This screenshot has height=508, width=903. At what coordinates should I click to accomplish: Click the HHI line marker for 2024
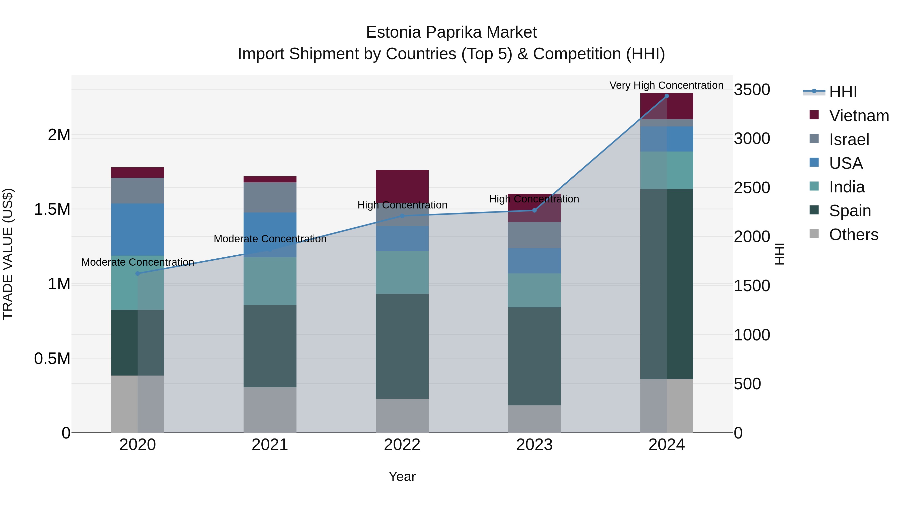(666, 96)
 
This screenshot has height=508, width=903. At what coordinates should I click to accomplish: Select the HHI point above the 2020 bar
(137, 273)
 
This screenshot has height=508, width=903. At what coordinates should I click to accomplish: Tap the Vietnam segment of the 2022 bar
(402, 186)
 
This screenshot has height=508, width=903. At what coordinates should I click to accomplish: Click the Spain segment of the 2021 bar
(270, 346)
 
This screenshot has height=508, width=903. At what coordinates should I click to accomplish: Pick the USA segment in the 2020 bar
(137, 229)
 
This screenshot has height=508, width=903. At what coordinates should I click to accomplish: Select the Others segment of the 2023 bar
(534, 419)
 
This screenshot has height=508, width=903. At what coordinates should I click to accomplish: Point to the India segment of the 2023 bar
(534, 290)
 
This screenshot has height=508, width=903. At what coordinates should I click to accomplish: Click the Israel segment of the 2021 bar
(270, 197)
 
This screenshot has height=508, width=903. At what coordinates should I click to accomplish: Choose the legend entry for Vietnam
(859, 116)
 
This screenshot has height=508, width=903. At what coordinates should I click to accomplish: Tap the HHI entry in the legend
(843, 92)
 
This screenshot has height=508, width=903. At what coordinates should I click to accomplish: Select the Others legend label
(853, 235)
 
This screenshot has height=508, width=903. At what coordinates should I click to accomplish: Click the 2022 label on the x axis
(402, 445)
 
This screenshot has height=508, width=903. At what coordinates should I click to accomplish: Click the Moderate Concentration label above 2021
(270, 239)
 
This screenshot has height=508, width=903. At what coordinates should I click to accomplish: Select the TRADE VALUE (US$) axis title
(8, 254)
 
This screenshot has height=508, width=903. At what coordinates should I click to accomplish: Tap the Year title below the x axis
(402, 476)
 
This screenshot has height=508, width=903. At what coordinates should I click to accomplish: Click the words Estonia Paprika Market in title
(451, 32)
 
